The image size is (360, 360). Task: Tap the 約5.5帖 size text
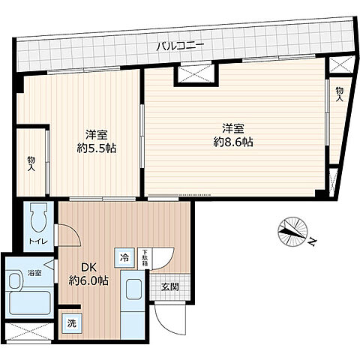click(95, 148)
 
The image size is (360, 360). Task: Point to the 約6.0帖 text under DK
click(88, 280)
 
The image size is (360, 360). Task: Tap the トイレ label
click(37, 241)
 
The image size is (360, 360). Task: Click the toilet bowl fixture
click(37, 219)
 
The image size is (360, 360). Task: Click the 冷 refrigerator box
click(123, 256)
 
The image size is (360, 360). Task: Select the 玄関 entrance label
click(168, 286)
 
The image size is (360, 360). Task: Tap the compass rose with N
click(292, 232)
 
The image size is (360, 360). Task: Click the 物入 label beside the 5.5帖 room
click(31, 163)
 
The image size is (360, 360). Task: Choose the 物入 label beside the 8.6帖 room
click(339, 93)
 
